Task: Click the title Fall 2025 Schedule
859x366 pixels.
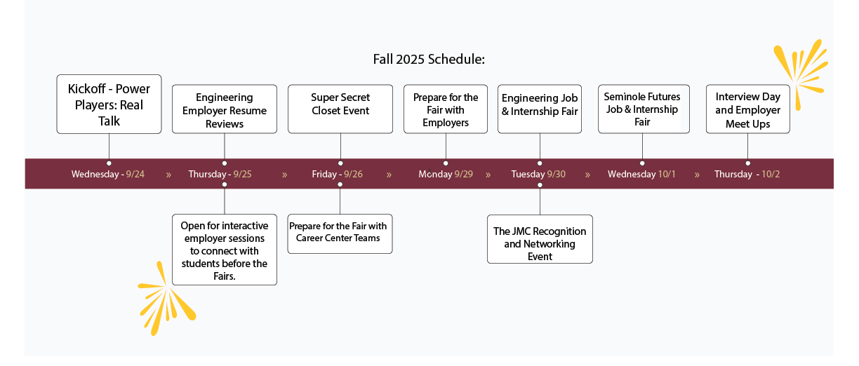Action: pyautogui.click(x=429, y=60)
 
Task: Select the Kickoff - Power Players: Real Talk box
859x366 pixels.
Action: pyautogui.click(x=109, y=104)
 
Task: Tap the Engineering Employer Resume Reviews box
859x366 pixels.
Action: pyautogui.click(x=225, y=109)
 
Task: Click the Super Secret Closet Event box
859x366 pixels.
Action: pyautogui.click(x=340, y=109)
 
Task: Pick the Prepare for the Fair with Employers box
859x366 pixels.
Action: pyautogui.click(x=446, y=109)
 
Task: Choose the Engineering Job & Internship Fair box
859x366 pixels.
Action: pyautogui.click(x=540, y=109)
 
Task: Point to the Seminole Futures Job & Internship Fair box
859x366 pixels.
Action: pyautogui.click(x=644, y=109)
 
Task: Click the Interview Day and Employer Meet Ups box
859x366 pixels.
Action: pyautogui.click(x=748, y=109)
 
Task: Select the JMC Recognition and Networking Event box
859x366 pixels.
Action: pyautogui.click(x=540, y=239)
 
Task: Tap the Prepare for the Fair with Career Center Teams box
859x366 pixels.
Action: pyautogui.click(x=340, y=233)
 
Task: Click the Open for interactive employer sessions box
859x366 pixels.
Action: pyautogui.click(x=225, y=250)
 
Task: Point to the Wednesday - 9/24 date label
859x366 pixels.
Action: pyautogui.click(x=108, y=175)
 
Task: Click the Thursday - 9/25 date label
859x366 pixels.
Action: pyautogui.click(x=220, y=175)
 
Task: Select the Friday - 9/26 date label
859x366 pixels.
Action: pyautogui.click(x=337, y=175)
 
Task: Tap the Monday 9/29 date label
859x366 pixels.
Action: pyautogui.click(x=446, y=175)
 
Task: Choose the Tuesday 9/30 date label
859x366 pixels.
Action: pyautogui.click(x=538, y=175)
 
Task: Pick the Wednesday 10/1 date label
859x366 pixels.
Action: pyautogui.click(x=641, y=175)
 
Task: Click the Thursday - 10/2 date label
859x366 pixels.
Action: pyautogui.click(x=747, y=175)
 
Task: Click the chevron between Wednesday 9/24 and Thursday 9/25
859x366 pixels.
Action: pyautogui.click(x=168, y=175)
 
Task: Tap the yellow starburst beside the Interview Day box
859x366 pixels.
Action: pyautogui.click(x=801, y=75)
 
